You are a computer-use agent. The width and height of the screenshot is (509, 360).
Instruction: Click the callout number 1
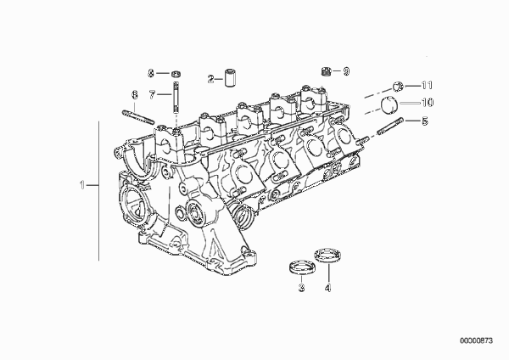point(82,183)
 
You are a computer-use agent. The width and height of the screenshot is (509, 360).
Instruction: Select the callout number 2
point(210,79)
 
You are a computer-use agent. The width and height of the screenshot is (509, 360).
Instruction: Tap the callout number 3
point(300,290)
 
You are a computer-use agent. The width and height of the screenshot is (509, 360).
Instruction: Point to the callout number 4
point(326,290)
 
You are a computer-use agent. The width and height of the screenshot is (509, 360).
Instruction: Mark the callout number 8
point(151,73)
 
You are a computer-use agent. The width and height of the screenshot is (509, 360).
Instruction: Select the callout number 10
point(428,103)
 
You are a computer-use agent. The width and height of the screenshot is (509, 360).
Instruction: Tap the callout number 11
point(428,85)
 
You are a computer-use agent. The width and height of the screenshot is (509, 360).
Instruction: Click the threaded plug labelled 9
point(327,70)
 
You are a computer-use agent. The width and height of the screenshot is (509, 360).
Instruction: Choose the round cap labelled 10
point(392,104)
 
